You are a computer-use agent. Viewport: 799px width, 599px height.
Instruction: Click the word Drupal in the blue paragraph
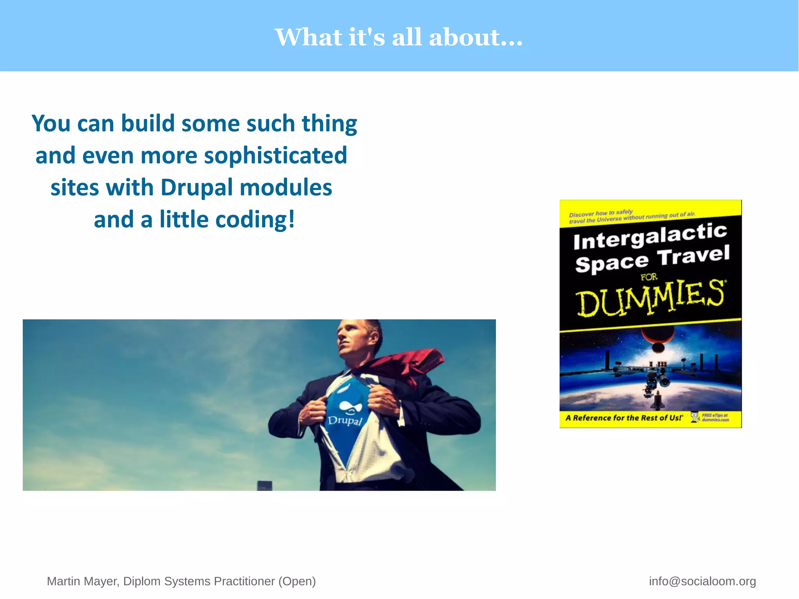[x=197, y=187]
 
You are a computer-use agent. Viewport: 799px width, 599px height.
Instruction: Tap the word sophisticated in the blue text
[x=275, y=155]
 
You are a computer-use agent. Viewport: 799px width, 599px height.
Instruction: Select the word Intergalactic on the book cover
[x=650, y=236]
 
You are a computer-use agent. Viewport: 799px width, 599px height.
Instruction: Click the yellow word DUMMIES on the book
[x=650, y=297]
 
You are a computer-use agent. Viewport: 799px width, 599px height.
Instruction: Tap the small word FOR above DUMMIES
[x=649, y=277]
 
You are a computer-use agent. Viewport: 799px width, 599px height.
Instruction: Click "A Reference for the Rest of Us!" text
[x=624, y=418]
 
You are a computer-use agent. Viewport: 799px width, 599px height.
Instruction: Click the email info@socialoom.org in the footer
[x=702, y=581]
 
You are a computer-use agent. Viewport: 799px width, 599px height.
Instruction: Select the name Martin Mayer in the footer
[x=82, y=581]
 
